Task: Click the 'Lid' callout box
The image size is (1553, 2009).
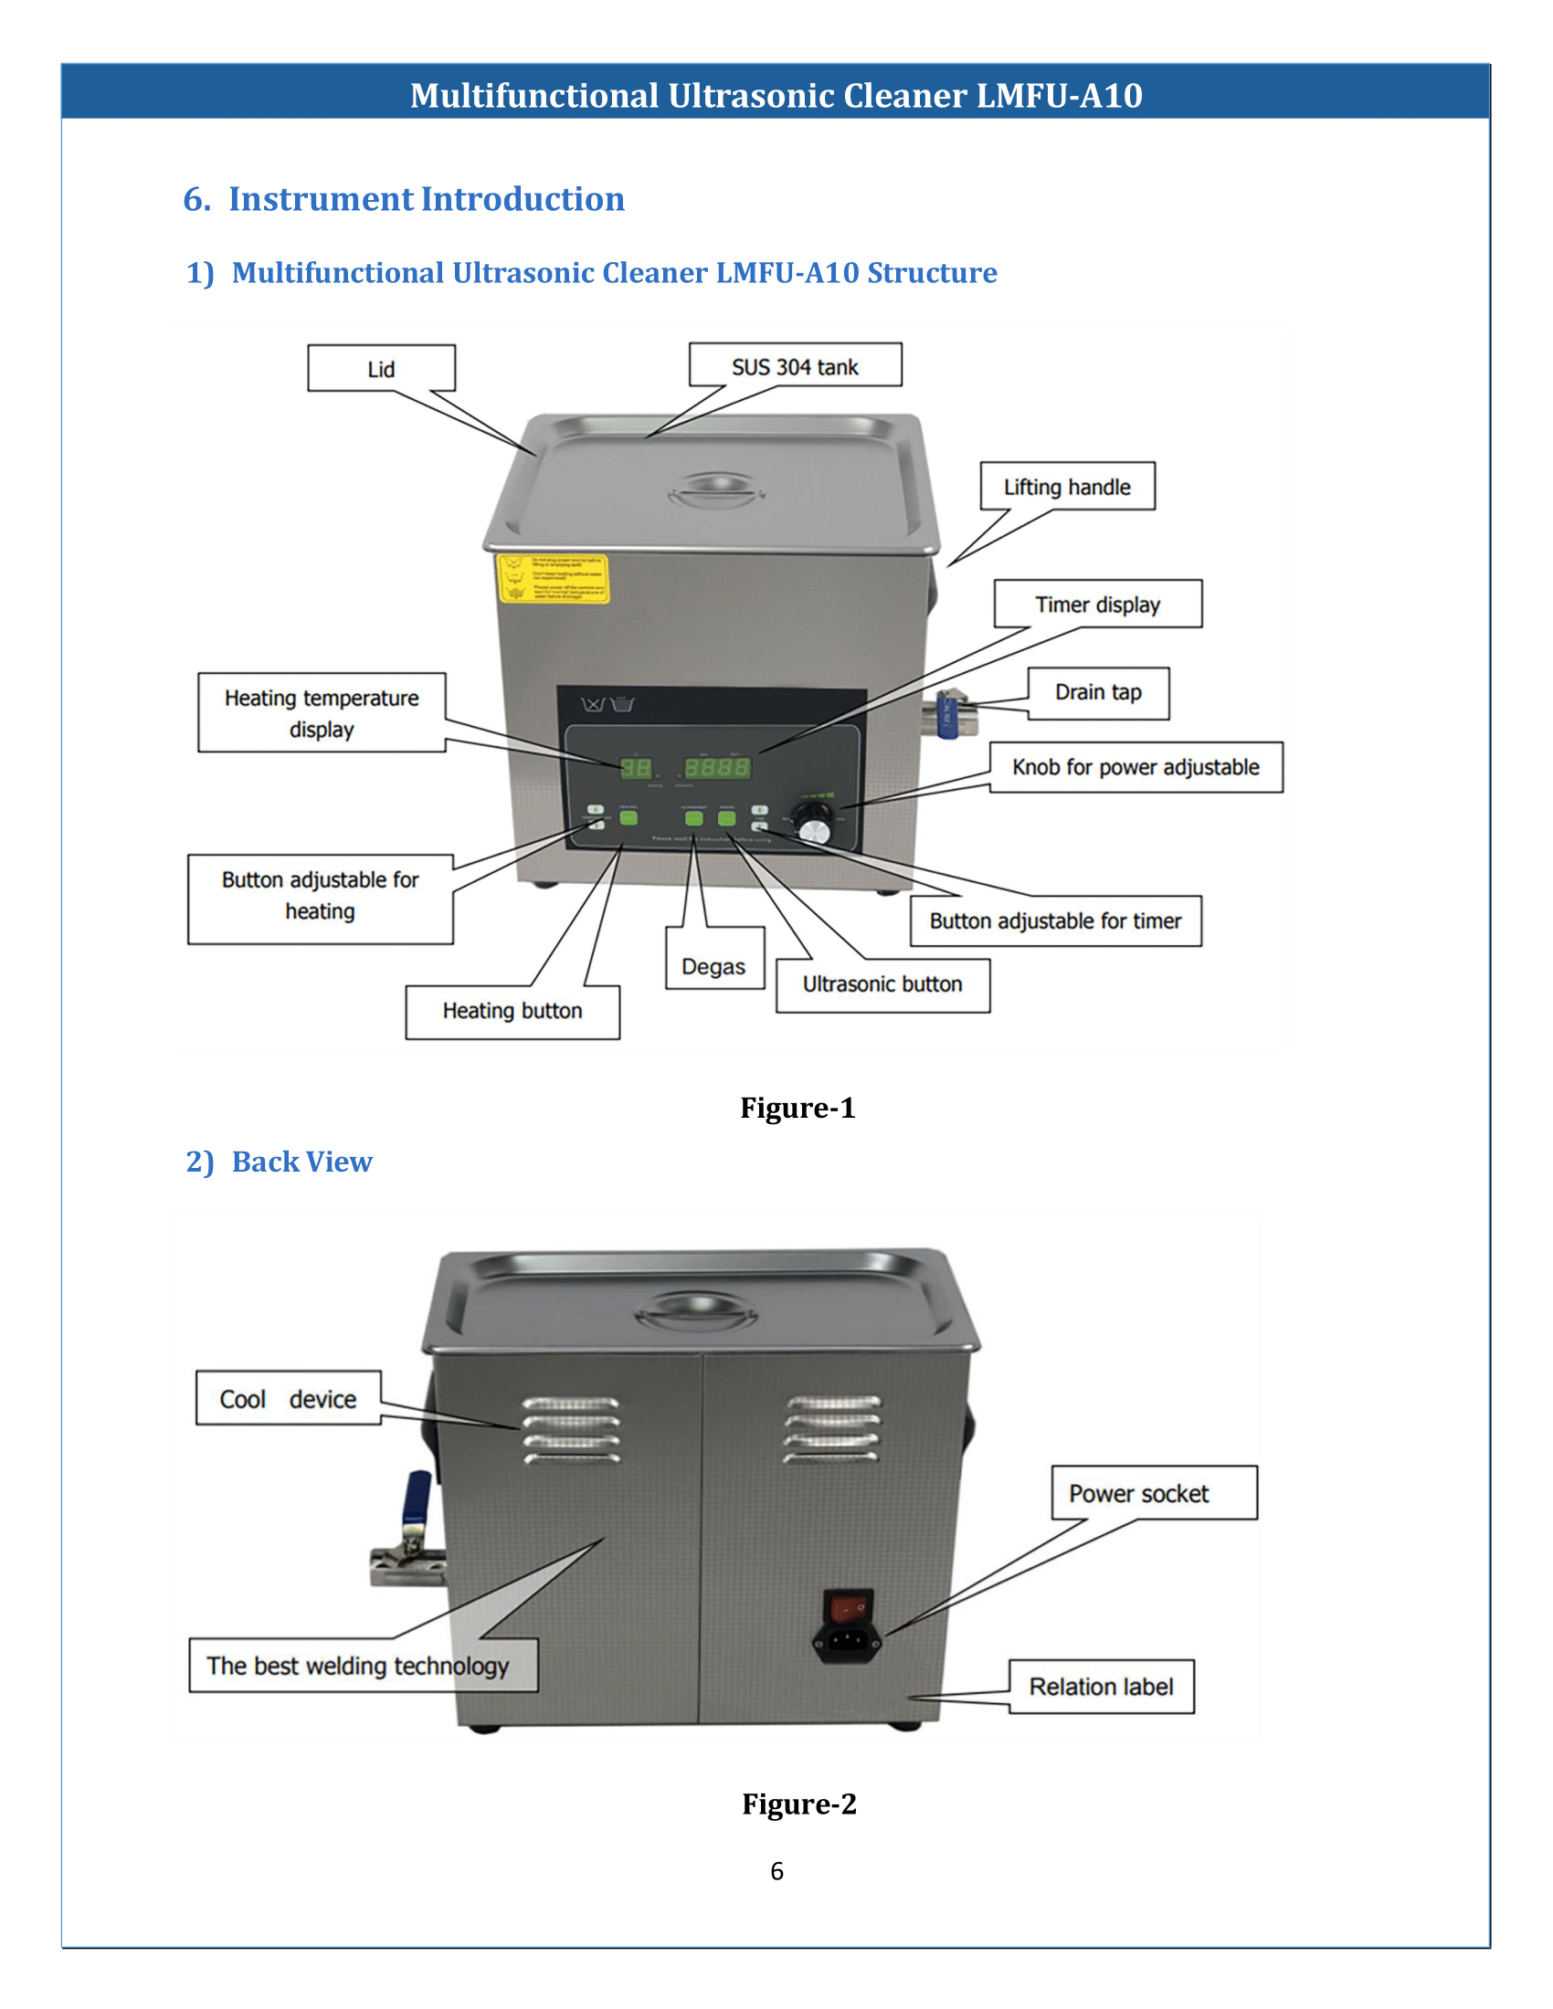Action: (x=381, y=369)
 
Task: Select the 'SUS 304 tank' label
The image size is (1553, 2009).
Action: (x=795, y=366)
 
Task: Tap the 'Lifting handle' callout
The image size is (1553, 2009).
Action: (x=1066, y=487)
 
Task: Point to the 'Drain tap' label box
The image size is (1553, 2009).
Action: (x=1097, y=693)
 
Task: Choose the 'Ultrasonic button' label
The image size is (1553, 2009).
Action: (x=882, y=984)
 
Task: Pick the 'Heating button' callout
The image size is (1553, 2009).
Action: (x=512, y=1011)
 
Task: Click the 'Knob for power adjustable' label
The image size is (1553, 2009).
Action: (x=1136, y=767)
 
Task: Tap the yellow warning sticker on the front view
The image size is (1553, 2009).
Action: (x=552, y=579)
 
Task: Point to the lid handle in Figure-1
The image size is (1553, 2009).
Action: (x=717, y=490)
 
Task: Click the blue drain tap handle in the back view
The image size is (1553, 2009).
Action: (x=417, y=1498)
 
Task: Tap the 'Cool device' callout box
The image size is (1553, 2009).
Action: (x=288, y=1398)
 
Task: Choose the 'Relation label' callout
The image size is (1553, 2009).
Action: (x=1101, y=1687)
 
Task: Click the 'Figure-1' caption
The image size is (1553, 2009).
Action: (x=798, y=1108)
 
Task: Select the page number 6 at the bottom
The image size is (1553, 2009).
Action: (x=776, y=1871)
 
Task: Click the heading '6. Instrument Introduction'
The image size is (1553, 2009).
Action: (x=404, y=199)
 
